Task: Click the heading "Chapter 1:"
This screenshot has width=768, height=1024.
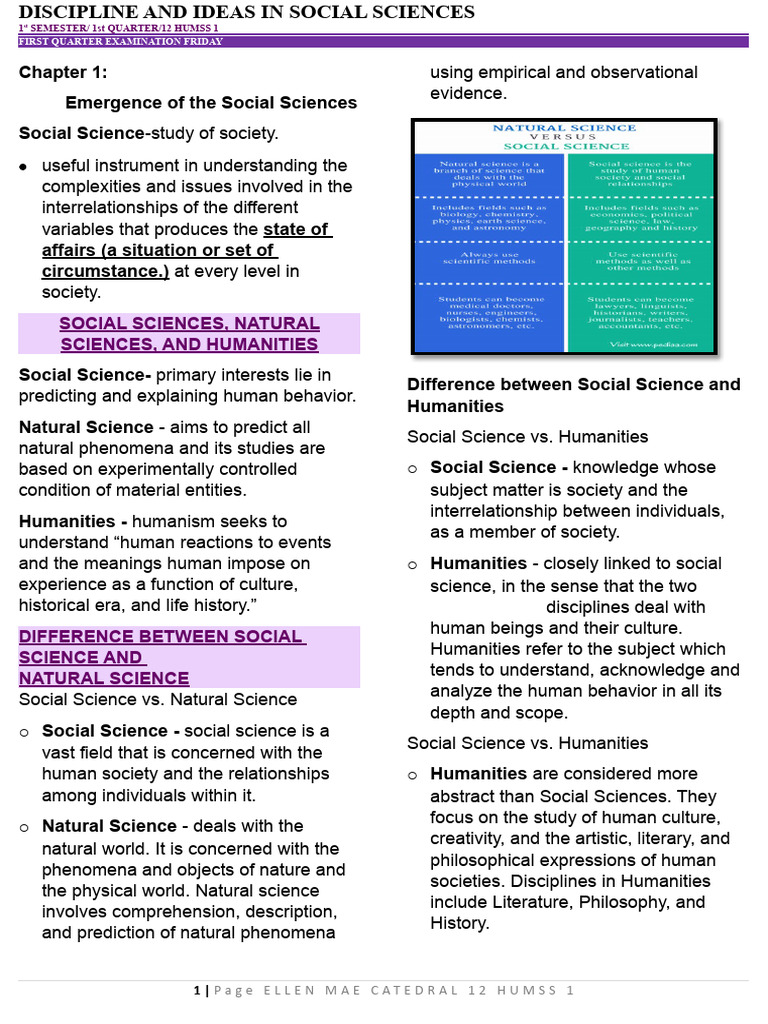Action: click(x=63, y=72)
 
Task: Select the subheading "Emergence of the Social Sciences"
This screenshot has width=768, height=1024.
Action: click(x=210, y=102)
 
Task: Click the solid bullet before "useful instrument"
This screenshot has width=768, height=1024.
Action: click(x=23, y=166)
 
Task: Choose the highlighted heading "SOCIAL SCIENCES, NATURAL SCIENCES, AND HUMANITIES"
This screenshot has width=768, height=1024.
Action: click(x=189, y=334)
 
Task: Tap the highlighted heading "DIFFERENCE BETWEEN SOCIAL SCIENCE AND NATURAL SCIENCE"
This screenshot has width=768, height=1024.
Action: click(x=160, y=657)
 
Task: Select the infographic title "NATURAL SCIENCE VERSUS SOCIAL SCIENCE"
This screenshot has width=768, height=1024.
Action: click(x=564, y=137)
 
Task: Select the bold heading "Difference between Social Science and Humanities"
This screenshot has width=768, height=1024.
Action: click(x=573, y=395)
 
